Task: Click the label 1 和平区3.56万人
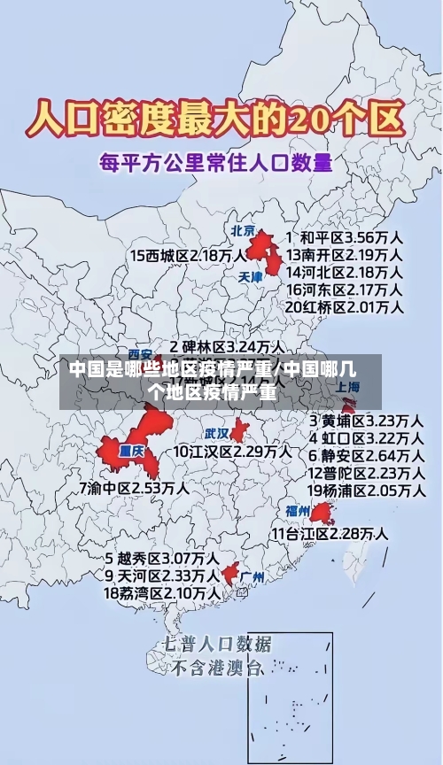(346, 238)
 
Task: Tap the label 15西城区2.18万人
(189, 256)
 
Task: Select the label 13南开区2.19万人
(344, 255)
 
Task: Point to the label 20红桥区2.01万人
(344, 306)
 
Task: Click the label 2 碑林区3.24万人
(227, 347)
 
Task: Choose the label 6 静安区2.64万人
(365, 455)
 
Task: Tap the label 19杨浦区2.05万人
(365, 490)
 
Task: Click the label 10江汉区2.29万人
(232, 452)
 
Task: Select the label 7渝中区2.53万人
(134, 488)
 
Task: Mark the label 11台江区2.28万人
(329, 533)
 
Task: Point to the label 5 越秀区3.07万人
(161, 559)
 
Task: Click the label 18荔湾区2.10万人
(161, 592)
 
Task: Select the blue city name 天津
(251, 276)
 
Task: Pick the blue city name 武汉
(216, 434)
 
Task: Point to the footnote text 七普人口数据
(217, 644)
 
